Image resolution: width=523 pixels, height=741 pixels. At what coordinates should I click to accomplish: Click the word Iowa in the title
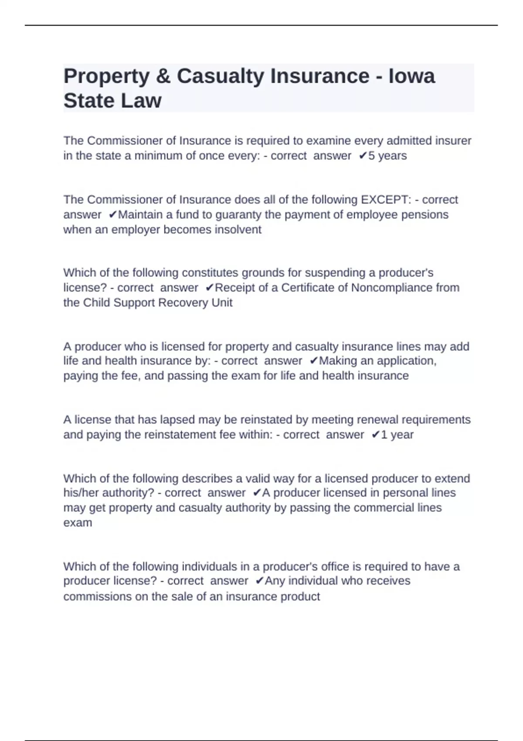coord(411,76)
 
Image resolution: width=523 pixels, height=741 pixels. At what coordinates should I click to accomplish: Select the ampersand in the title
coord(163,76)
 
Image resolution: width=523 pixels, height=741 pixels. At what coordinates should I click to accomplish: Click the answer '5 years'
coord(387,156)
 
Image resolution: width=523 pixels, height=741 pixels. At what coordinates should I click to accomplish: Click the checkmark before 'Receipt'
coord(210,288)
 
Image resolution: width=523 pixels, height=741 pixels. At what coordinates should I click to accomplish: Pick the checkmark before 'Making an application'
coord(313,361)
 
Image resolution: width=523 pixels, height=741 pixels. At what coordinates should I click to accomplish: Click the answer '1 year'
coord(397,435)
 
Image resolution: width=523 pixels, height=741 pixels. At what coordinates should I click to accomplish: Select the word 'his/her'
coord(82,493)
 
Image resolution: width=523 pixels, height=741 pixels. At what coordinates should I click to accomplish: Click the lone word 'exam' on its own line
coord(78,523)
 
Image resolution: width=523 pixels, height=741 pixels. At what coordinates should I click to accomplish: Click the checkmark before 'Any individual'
coord(259,581)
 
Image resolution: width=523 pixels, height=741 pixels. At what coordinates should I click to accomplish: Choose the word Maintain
coord(140,215)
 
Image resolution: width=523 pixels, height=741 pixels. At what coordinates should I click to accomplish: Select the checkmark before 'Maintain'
coord(112,215)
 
